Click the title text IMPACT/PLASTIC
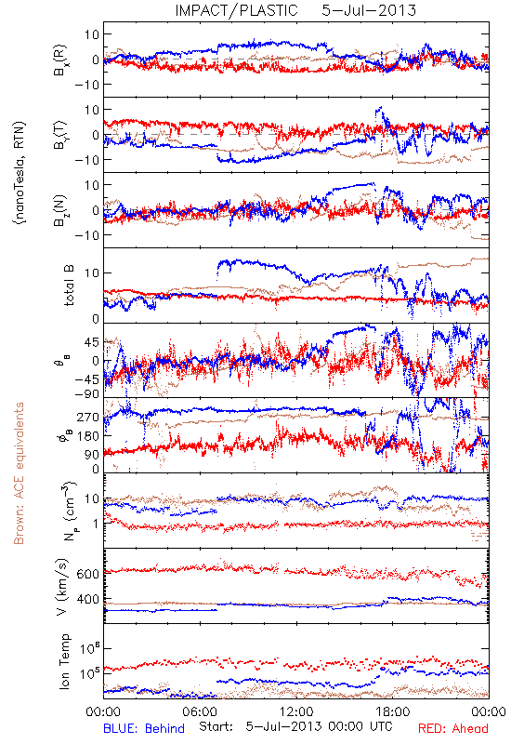coord(236,10)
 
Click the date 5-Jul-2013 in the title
coord(369,10)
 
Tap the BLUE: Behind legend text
coord(144,728)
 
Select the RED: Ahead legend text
coord(453,728)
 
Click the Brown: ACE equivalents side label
coord(19,473)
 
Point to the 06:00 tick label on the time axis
coord(199,711)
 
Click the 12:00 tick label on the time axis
coord(296,711)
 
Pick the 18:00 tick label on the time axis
coord(392,711)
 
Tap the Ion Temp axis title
coord(64,661)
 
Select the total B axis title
coord(69,286)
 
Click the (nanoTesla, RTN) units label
coord(20,173)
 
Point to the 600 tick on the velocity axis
coord(88,574)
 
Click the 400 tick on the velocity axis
coord(88,599)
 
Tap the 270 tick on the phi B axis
coord(88,417)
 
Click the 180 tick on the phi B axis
coord(88,436)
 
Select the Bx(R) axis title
coord(60,60)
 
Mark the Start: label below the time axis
coord(216,726)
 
